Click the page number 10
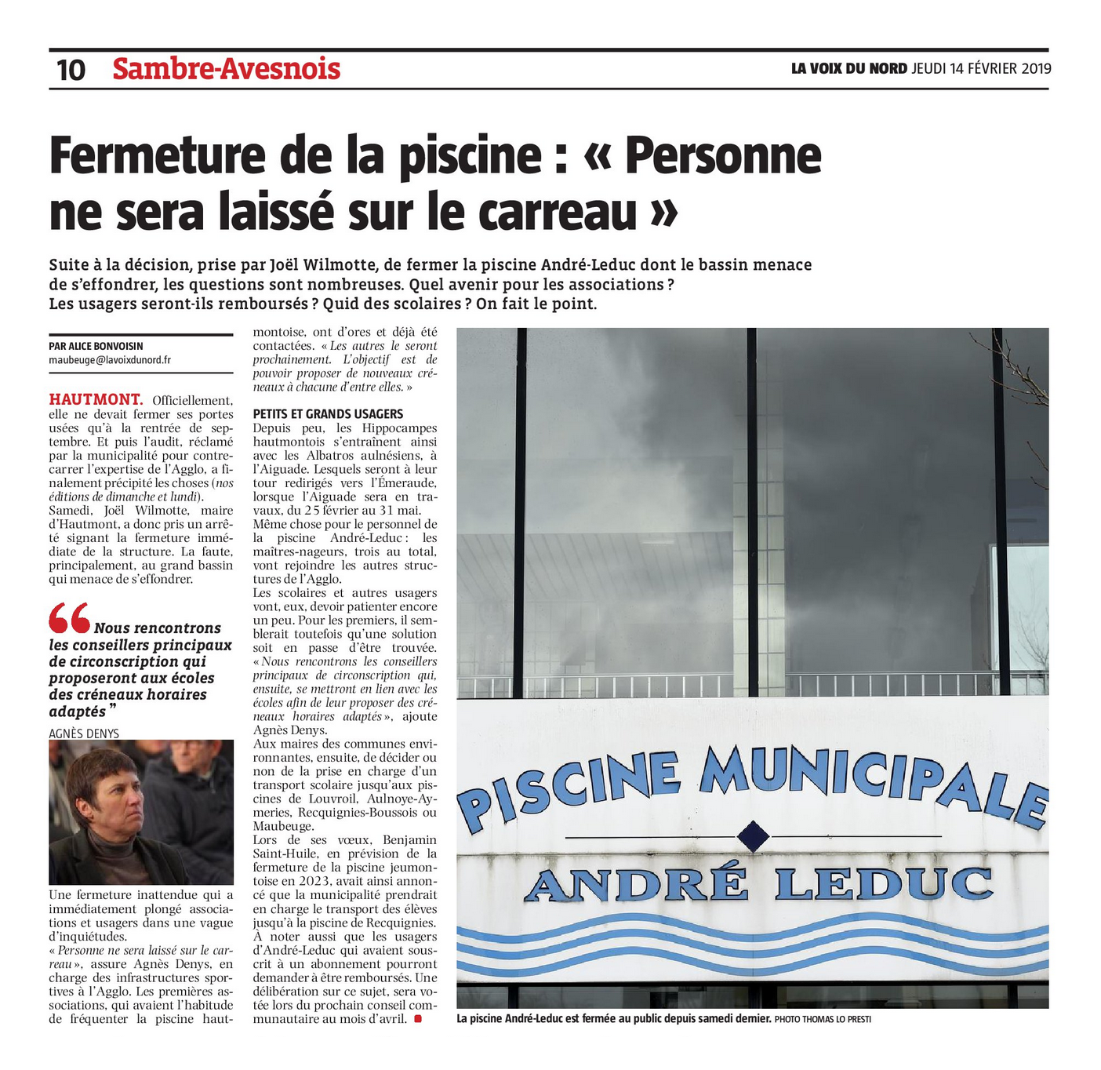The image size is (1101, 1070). click(71, 70)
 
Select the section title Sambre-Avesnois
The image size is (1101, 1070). click(226, 69)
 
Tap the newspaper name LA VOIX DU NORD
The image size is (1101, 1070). click(848, 69)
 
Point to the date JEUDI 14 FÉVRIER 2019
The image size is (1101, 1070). click(981, 69)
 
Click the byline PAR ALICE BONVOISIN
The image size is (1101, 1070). click(96, 346)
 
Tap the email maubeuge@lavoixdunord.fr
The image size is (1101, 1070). click(110, 360)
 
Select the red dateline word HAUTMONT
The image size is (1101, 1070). click(96, 400)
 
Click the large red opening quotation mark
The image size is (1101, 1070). click(69, 618)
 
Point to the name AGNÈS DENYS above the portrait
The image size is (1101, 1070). click(84, 733)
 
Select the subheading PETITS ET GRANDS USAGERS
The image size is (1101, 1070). click(328, 413)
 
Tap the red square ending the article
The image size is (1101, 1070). click(417, 1018)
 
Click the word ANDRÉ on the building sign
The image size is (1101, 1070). click(636, 884)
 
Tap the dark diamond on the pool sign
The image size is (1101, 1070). click(753, 835)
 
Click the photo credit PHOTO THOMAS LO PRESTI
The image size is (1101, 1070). click(823, 1019)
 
